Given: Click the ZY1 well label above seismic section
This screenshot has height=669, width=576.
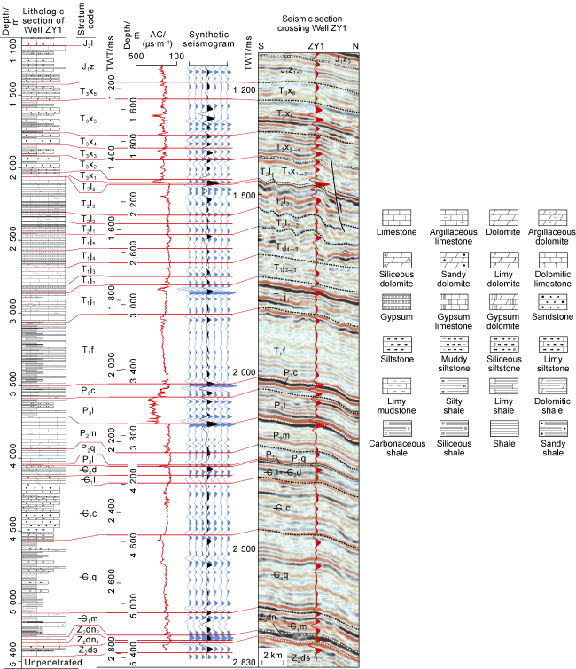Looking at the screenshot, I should point(316,45).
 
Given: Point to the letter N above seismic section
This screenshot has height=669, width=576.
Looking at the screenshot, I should point(355,45).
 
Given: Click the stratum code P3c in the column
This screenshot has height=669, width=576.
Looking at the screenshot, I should point(87,390).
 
